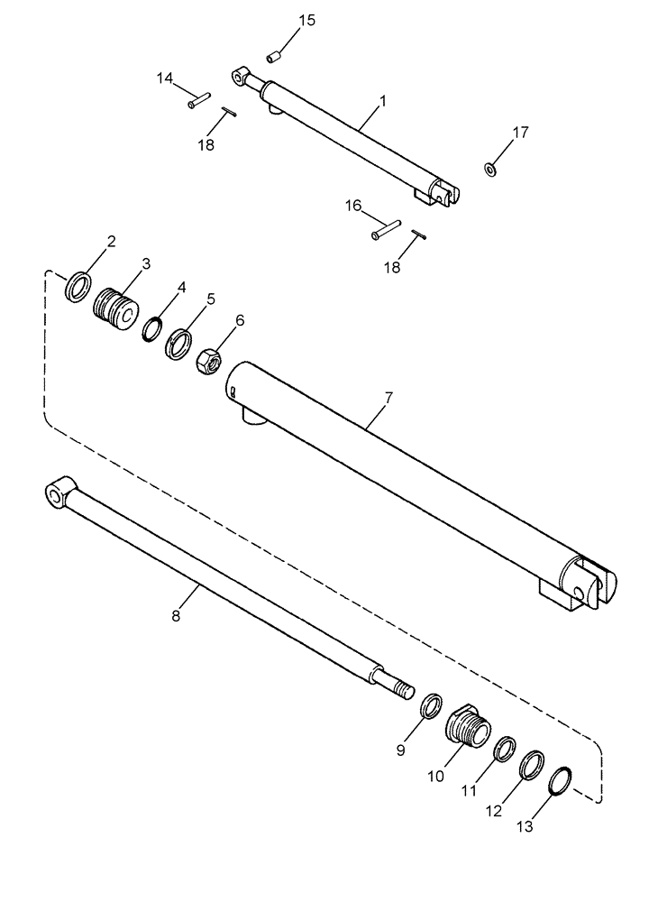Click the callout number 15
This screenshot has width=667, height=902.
(307, 21)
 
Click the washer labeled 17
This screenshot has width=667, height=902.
(490, 168)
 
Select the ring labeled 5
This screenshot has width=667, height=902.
(178, 343)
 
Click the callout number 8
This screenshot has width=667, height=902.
(176, 616)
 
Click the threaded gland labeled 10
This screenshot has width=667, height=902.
(468, 722)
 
